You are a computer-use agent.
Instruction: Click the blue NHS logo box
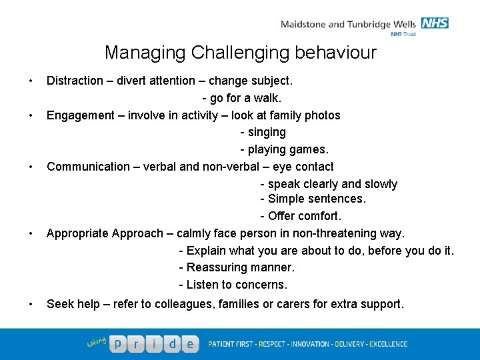[435, 23]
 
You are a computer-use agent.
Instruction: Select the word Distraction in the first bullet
[75, 81]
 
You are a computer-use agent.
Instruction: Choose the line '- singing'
[263, 132]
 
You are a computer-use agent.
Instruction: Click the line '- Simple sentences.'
[313, 199]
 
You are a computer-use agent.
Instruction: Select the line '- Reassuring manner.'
[237, 267]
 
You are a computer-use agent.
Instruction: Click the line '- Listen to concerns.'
[233, 285]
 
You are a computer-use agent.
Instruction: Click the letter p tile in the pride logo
[118, 343]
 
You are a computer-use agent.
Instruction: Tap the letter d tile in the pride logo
[172, 343]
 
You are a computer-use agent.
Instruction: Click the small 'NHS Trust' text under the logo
[403, 34]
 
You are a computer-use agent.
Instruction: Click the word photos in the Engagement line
[323, 115]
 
